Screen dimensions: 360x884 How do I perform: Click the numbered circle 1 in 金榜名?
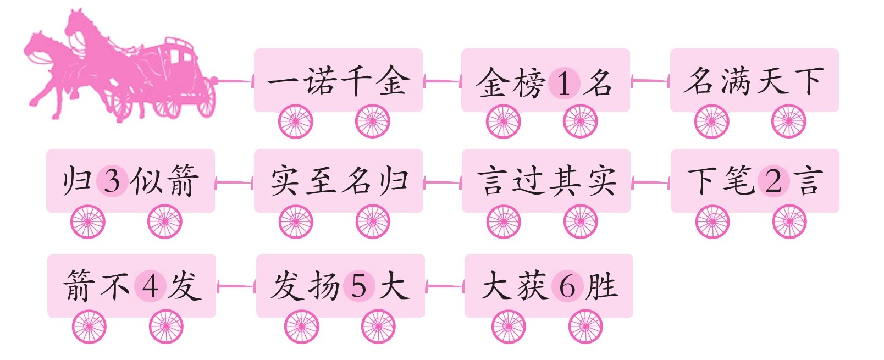pyautogui.click(x=564, y=83)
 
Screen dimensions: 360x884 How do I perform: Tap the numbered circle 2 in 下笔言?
pyautogui.click(x=773, y=180)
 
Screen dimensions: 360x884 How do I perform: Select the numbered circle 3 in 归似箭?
pyautogui.click(x=112, y=180)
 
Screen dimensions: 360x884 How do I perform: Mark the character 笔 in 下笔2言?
pyautogui.click(x=738, y=180)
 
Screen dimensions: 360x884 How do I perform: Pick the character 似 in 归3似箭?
pyautogui.click(x=147, y=180)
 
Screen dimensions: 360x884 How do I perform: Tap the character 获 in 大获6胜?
pyautogui.click(x=532, y=286)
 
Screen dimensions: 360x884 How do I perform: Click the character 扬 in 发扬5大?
pyautogui.click(x=324, y=286)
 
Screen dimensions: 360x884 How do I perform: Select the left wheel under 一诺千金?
pyautogui.click(x=296, y=121)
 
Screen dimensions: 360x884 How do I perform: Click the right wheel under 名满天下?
pyautogui.click(x=789, y=121)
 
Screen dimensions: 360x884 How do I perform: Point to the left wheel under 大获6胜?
pyautogui.click(x=509, y=326)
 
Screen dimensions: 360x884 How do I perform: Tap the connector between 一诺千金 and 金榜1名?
pyautogui.click(x=442, y=82)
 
